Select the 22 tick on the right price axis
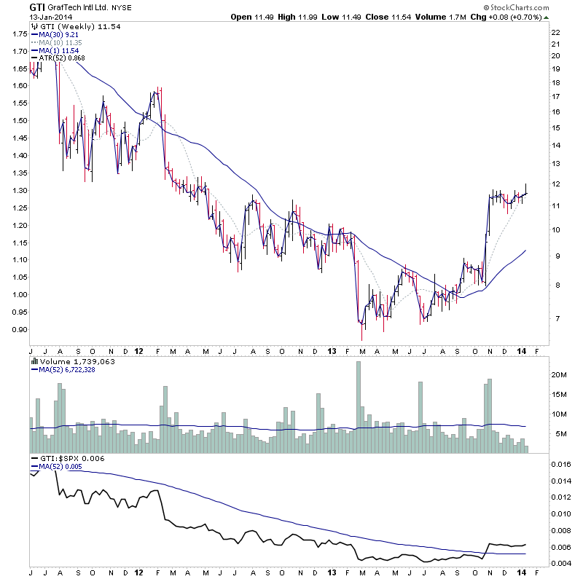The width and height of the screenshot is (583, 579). click(555, 33)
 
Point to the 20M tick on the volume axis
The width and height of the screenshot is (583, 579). click(559, 374)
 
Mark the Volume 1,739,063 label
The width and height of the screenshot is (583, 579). click(67, 361)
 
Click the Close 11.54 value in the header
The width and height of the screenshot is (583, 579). click(384, 17)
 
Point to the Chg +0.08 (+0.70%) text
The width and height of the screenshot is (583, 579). click(532, 17)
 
